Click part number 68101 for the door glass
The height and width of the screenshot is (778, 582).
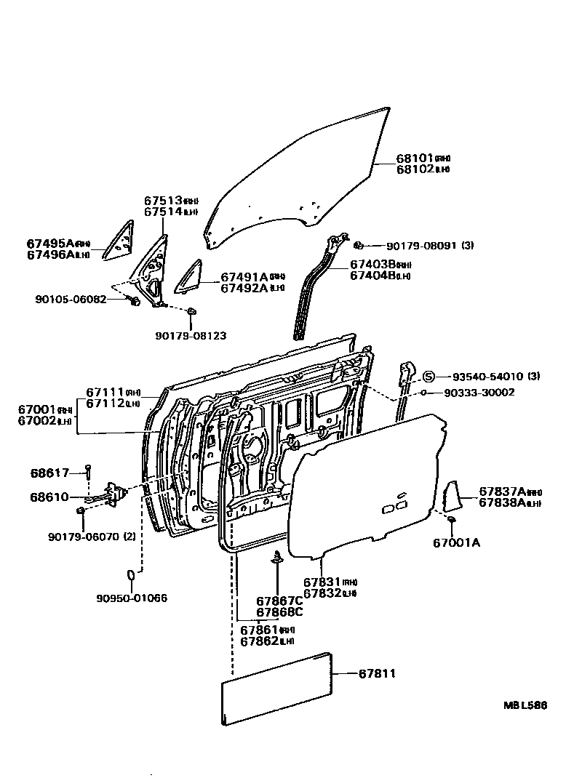tap(415, 158)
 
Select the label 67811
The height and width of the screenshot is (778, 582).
tap(377, 674)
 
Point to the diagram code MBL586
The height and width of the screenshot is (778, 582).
tap(525, 705)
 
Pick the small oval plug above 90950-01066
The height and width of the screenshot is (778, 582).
tap(132, 576)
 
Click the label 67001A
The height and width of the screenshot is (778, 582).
tap(457, 542)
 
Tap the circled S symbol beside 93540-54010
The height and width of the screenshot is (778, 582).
tap(429, 376)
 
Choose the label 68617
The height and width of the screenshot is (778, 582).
tap(49, 473)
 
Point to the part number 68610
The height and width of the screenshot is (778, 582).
tap(49, 497)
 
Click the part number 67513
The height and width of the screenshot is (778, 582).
tap(162, 201)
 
